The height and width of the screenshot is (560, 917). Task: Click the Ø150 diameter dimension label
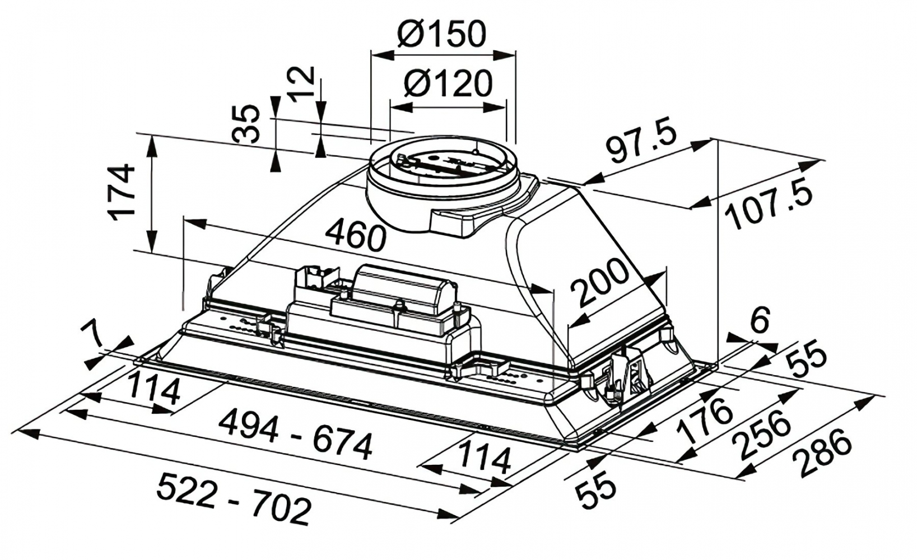click(x=441, y=34)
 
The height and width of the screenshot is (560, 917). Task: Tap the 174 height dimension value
click(x=120, y=192)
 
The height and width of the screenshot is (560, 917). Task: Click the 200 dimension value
click(x=600, y=282)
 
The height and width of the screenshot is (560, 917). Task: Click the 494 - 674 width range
click(x=296, y=436)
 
